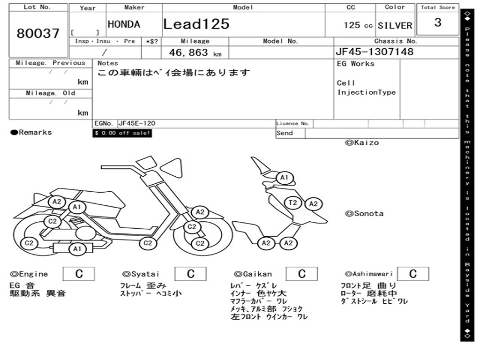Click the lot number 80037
click(38, 33)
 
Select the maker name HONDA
click(124, 24)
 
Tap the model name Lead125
click(196, 24)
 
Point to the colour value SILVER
click(395, 26)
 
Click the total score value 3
click(437, 22)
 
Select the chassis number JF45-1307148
click(375, 52)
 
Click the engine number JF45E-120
click(137, 123)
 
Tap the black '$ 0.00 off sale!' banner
click(122, 133)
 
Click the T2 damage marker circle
click(293, 202)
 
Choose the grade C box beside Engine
click(79, 274)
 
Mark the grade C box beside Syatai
click(190, 274)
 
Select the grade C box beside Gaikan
click(301, 274)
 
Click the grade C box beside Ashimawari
click(412, 274)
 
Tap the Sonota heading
click(364, 214)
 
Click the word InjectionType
click(366, 92)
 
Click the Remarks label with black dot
click(31, 133)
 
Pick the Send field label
click(285, 133)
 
